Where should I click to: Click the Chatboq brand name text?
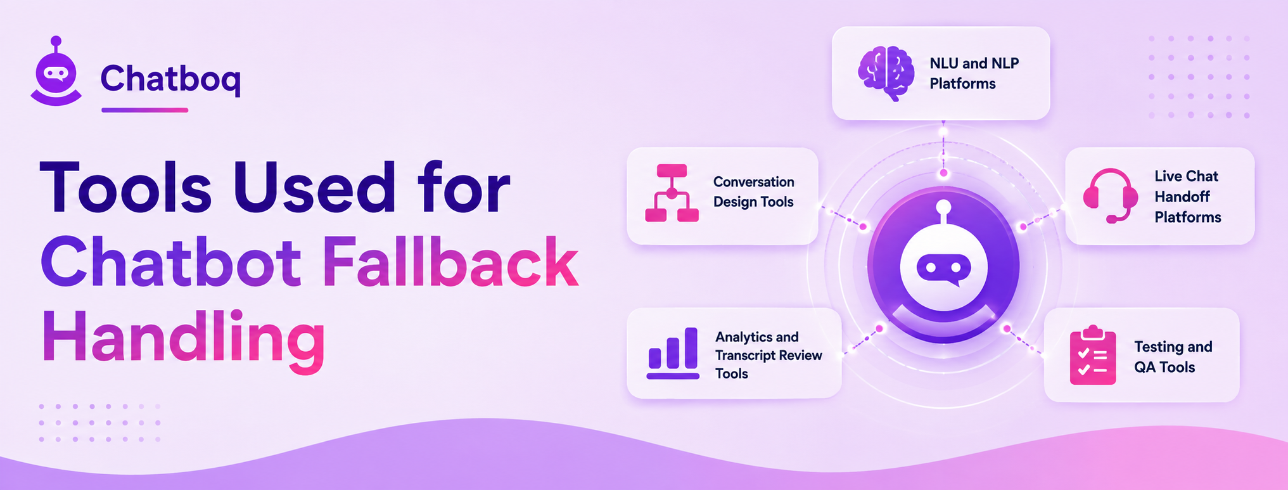(x=170, y=79)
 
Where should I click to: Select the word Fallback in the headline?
(x=450, y=262)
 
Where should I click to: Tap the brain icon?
(x=886, y=74)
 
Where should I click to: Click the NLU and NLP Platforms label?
(x=974, y=74)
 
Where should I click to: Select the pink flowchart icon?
(x=672, y=193)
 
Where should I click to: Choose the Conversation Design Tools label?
(x=753, y=192)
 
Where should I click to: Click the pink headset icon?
(x=1110, y=196)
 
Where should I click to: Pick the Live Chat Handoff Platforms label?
(x=1187, y=197)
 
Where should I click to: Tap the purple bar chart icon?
(x=673, y=353)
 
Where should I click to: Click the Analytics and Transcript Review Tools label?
(x=768, y=355)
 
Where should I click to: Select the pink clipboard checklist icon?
(x=1093, y=355)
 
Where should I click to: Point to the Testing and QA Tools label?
(x=1173, y=357)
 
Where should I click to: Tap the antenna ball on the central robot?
(x=943, y=207)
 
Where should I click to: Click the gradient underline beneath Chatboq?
(x=144, y=110)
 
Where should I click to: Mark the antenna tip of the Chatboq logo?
(x=56, y=41)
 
